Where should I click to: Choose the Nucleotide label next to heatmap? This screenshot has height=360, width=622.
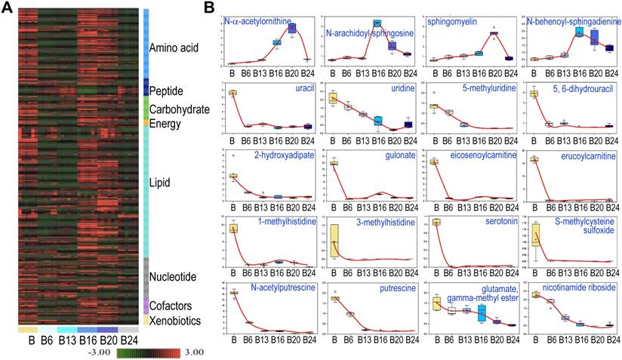(x=174, y=277)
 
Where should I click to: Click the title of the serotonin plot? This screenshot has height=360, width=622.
(x=482, y=224)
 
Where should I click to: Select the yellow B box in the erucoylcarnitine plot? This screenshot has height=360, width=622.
(x=534, y=160)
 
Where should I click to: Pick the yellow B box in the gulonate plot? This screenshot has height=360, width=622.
(x=334, y=163)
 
